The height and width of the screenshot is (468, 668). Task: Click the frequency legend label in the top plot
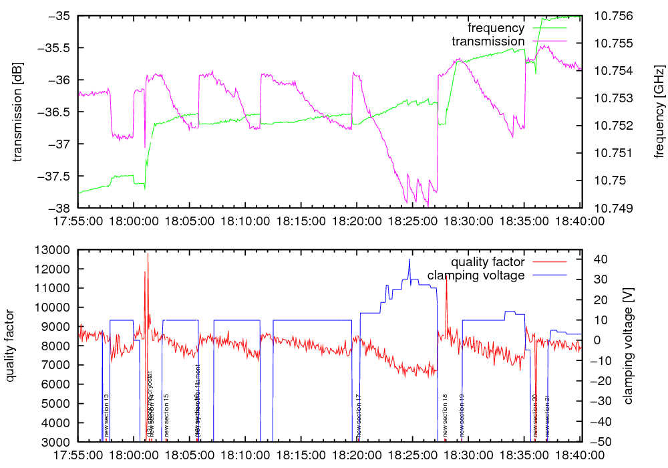(x=496, y=28)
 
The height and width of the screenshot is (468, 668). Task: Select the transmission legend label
(x=488, y=41)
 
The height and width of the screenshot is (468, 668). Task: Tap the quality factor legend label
(x=488, y=262)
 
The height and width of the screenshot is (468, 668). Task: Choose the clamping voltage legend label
(x=476, y=275)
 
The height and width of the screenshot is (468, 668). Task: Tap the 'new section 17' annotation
(x=359, y=416)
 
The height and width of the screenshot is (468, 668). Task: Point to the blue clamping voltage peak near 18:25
(x=409, y=259)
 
